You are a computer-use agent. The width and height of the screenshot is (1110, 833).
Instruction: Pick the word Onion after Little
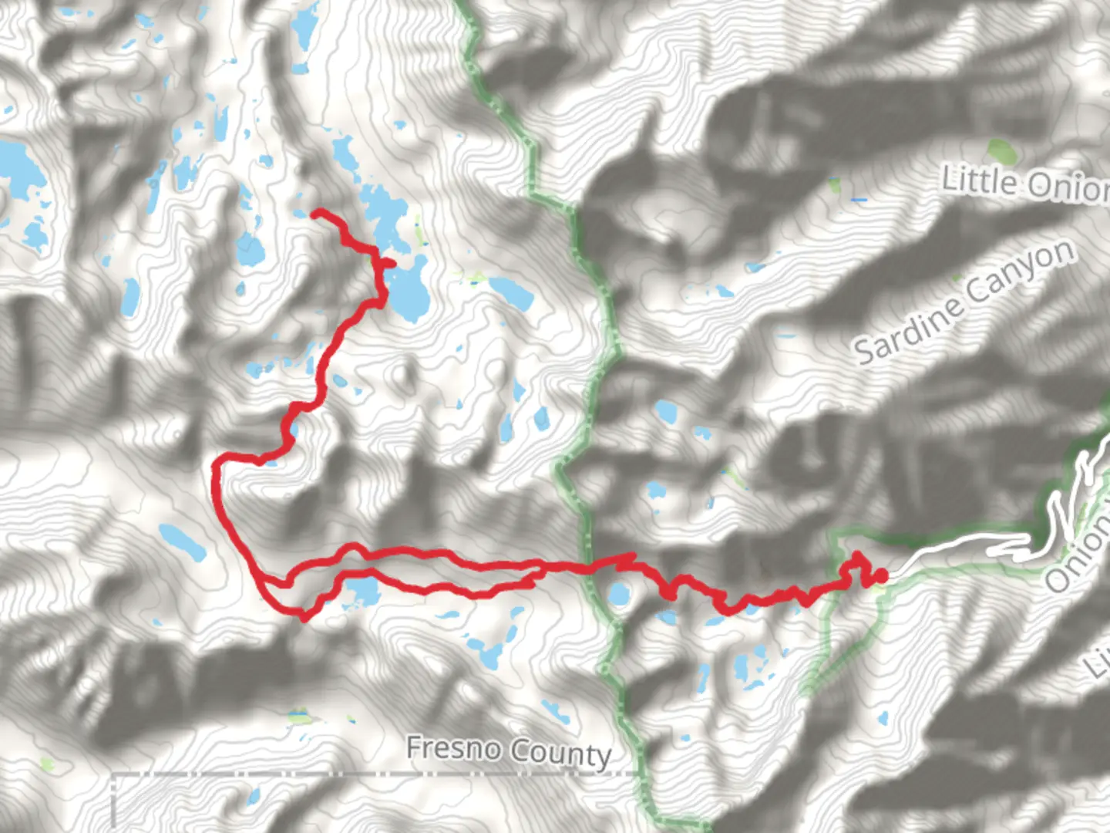(1068, 187)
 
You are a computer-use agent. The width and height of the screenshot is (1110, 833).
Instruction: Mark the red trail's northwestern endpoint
(314, 213)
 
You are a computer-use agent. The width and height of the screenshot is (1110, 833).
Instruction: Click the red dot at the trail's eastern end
(880, 575)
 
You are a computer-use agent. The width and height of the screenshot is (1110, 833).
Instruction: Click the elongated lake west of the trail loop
(182, 541)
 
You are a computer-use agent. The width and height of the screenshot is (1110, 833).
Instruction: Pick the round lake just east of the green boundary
(618, 595)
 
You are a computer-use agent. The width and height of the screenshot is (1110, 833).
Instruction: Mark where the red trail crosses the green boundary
(589, 569)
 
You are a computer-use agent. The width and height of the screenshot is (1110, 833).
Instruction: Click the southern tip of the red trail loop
(304, 616)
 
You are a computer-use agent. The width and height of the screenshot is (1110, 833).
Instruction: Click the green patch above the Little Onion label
(1001, 150)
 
